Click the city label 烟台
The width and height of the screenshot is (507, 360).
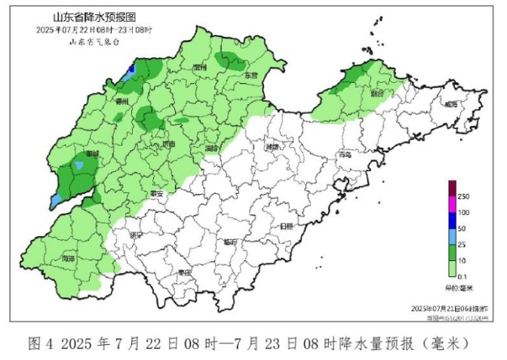(376, 94)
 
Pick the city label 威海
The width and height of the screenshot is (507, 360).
(450, 104)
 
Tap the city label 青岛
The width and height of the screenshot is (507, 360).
(346, 154)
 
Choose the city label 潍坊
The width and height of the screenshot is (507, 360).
(272, 148)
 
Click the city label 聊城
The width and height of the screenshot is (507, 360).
(93, 153)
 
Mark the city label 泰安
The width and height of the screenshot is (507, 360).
(157, 193)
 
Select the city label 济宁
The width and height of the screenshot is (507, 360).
(136, 235)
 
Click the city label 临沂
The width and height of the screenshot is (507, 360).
(230, 242)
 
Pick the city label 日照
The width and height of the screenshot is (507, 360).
(287, 226)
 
